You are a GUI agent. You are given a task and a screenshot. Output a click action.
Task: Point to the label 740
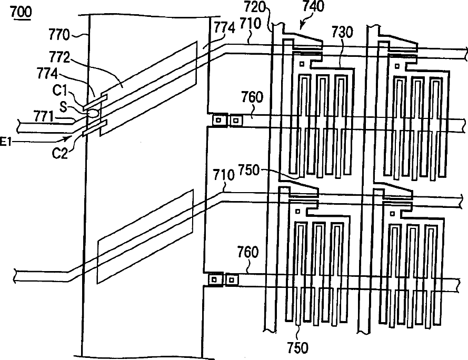pos(313,7)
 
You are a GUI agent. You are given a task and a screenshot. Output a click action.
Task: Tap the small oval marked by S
pos(92,112)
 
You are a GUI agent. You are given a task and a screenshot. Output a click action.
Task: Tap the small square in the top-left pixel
pos(302,64)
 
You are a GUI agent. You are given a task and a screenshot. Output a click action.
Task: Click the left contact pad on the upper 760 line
pos(216,121)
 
